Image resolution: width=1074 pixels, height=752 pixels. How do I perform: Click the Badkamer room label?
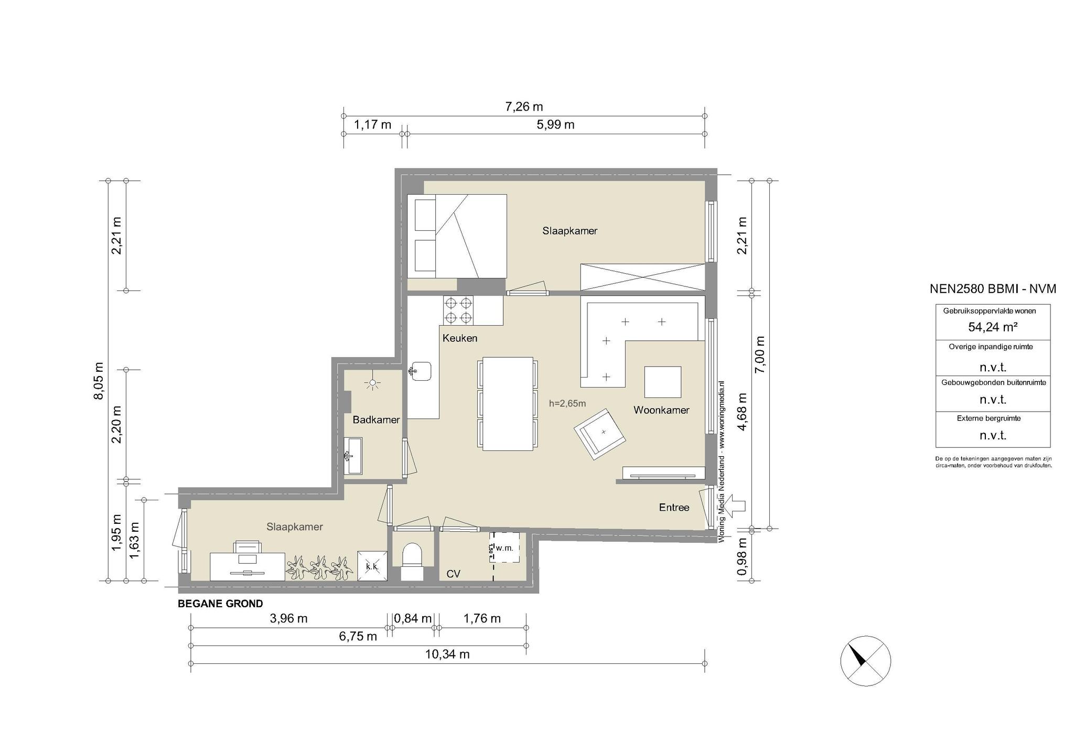(376, 420)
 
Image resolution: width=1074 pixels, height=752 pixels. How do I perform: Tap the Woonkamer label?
(661, 410)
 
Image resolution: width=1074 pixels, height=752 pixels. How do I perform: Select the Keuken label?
(460, 338)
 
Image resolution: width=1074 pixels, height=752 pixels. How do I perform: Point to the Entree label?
(674, 508)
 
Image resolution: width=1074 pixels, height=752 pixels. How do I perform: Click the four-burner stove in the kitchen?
(458, 310)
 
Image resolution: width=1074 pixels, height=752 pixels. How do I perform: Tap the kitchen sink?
(421, 371)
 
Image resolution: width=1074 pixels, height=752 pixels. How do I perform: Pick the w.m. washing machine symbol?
(504, 547)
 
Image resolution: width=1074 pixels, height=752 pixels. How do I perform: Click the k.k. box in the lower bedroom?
(373, 566)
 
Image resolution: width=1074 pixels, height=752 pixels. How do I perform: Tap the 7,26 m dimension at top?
(524, 107)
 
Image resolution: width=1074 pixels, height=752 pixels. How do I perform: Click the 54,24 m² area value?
(993, 327)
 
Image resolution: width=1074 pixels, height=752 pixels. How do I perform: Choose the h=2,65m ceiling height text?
(567, 403)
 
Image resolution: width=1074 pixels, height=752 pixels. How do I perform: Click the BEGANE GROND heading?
(220, 604)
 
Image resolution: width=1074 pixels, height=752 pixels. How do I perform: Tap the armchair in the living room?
(600, 434)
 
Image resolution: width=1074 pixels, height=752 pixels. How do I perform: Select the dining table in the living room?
(508, 403)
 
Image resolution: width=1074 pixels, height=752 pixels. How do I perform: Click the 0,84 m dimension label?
(413, 619)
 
